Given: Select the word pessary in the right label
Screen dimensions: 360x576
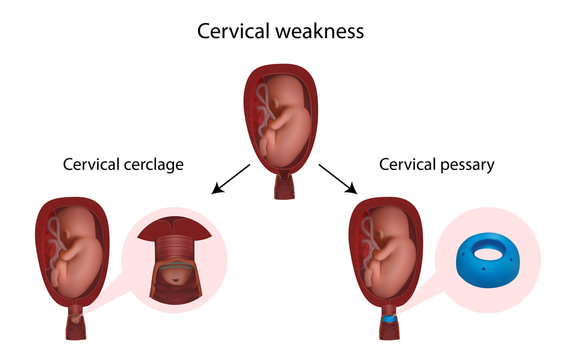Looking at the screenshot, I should coord(465,165).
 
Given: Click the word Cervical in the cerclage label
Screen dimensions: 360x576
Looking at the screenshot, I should coord(94,165).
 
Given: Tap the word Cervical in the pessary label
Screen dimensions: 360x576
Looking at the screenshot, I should coord(408,165).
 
